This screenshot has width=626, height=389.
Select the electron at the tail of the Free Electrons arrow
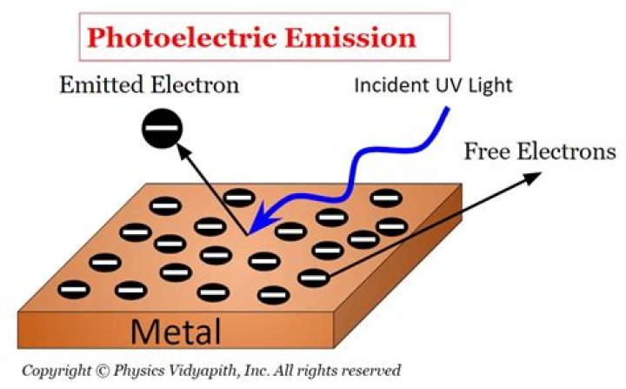click(x=314, y=278)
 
